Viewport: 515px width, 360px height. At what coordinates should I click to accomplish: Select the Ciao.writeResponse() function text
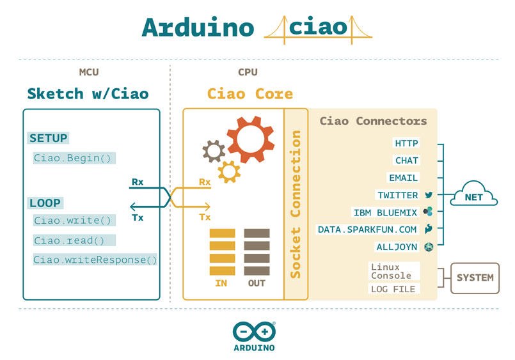tap(95, 259)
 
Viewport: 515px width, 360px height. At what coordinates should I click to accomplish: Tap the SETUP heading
tap(49, 138)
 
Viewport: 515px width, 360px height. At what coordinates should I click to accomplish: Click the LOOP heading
tap(45, 203)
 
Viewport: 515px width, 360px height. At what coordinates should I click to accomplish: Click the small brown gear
tap(213, 150)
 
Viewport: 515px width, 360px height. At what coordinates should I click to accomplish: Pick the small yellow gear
tap(229, 171)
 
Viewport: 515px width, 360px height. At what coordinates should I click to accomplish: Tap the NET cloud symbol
tap(473, 198)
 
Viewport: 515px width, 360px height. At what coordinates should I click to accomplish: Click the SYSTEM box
tap(474, 278)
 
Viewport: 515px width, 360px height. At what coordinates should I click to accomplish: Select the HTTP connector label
tap(406, 143)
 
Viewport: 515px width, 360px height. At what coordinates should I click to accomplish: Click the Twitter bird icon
tap(429, 195)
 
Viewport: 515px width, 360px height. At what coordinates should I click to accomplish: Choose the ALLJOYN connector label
tap(397, 247)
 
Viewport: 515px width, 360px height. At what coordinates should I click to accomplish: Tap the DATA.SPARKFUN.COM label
tap(367, 230)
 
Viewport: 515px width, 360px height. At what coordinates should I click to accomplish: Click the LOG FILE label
tap(393, 290)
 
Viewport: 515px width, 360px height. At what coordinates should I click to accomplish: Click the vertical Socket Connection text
tap(296, 204)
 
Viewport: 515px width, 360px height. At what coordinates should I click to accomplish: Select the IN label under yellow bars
tap(221, 282)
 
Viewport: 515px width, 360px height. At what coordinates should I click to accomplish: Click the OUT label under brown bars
tap(257, 282)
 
